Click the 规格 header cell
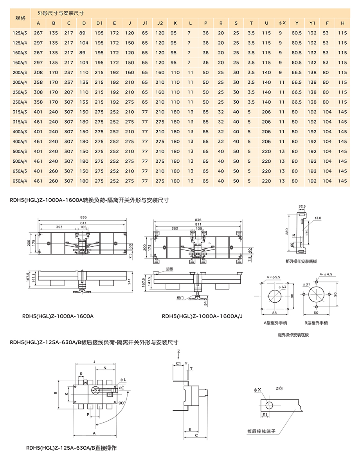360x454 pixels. [20, 18]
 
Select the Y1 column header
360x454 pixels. [312, 23]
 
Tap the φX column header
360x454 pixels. [282, 23]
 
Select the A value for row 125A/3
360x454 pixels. [38, 33]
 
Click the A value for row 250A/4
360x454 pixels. [38, 102]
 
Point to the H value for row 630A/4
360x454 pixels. [342, 181]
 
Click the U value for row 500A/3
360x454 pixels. [266, 151]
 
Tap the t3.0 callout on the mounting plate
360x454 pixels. [317, 217]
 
